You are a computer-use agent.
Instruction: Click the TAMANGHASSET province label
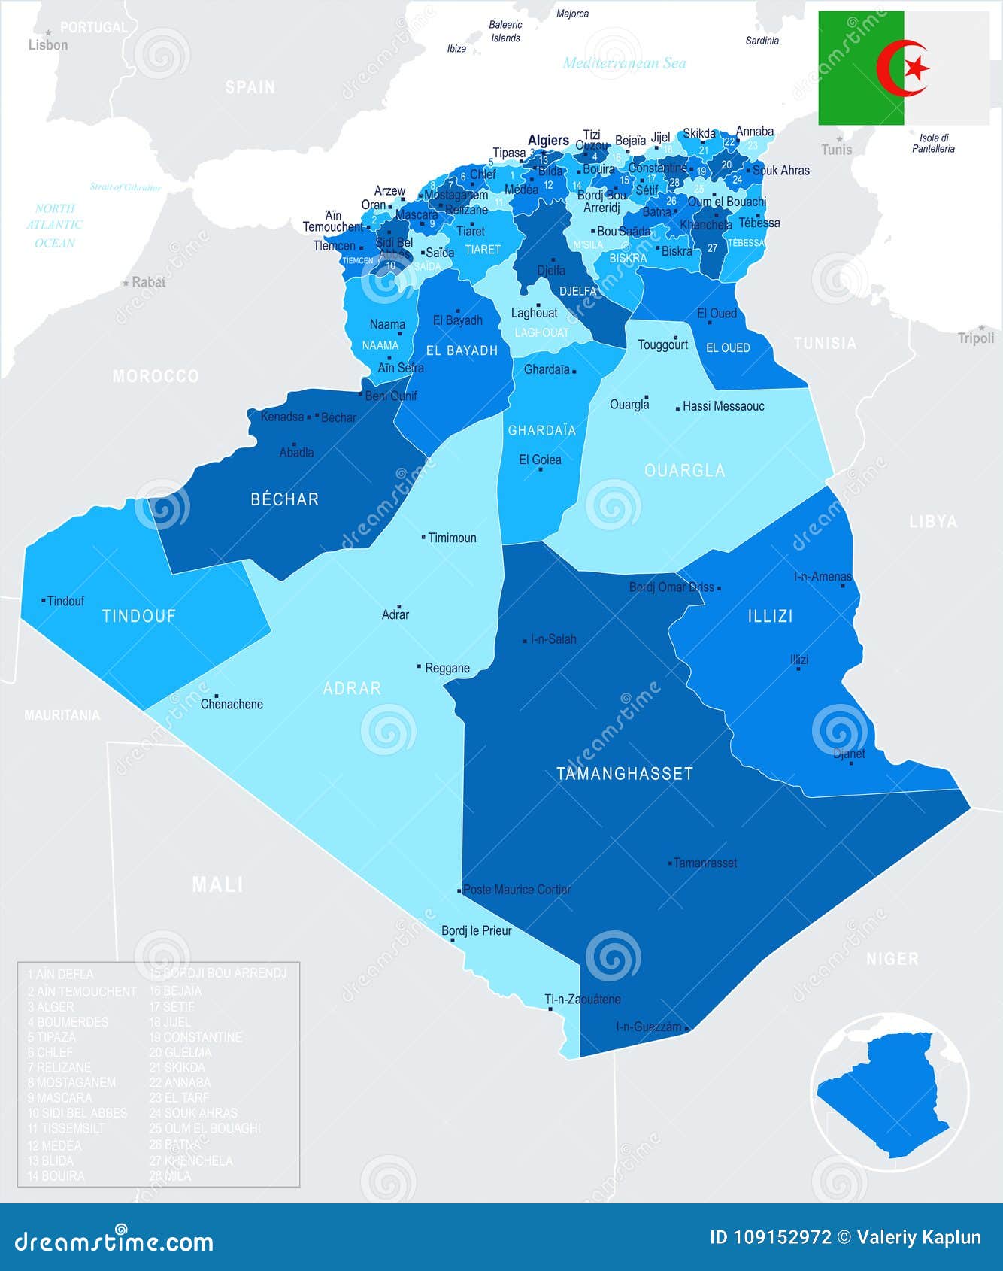pos(624,774)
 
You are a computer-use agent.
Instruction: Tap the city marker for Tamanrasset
pos(670,863)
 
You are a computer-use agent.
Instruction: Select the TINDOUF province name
pos(139,617)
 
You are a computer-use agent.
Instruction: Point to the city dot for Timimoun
pos(423,538)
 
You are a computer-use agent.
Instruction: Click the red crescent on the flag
pos(895,68)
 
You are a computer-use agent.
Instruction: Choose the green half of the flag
pos(861,68)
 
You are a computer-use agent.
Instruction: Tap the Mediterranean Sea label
pos(624,63)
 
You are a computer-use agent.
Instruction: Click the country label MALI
pos(217,884)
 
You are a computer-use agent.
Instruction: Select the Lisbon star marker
pos(48,32)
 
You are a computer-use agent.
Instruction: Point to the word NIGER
pos(892,959)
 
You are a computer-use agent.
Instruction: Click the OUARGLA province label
pos(684,471)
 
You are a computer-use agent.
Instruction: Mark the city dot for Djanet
pos(851,763)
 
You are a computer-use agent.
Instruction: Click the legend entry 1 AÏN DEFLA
pos(61,975)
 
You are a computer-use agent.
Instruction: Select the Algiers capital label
pos(548,141)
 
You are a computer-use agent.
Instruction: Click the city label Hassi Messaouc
pos(723,407)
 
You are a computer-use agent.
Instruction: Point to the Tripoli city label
pos(976,338)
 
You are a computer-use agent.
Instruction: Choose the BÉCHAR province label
pos(285,499)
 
